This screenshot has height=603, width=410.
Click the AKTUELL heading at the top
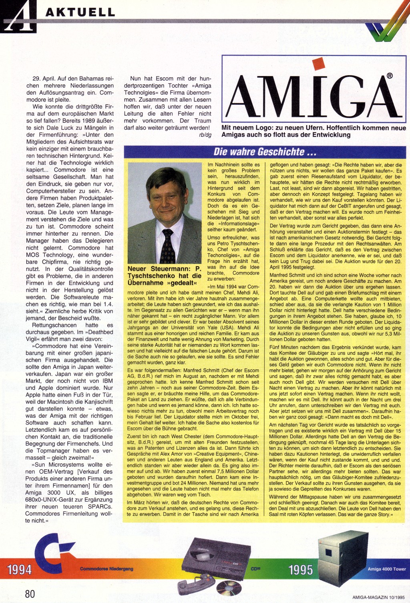coord(80,12)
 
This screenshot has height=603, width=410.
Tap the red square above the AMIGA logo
coord(318,64)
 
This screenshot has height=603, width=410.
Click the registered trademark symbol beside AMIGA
coord(389,76)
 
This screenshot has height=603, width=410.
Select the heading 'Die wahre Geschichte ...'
coord(265,152)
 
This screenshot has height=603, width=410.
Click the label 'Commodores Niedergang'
coord(107,569)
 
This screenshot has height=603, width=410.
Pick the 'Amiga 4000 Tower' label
coord(387,569)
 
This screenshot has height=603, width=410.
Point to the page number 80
coord(30,594)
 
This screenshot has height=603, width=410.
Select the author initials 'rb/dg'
coord(205,135)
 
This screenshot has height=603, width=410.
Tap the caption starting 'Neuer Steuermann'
coord(165,276)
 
